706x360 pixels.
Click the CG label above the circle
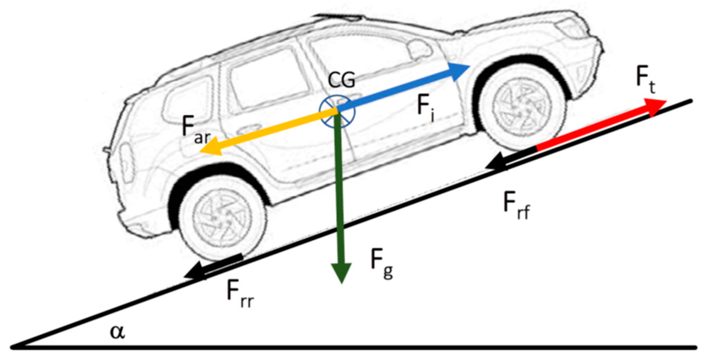pos(341,80)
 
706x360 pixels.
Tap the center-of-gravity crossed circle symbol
pos(337,111)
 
